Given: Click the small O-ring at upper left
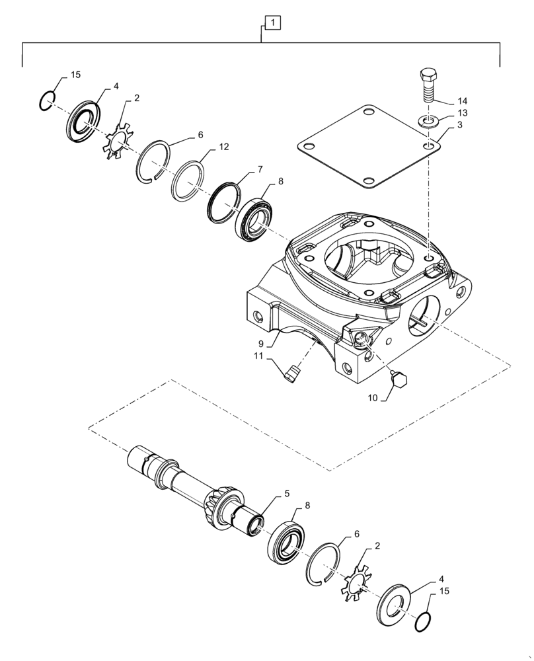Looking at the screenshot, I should pos(46,102).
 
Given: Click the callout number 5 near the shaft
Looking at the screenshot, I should pos(286,493).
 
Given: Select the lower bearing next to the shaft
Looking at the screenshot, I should pos(286,540).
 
